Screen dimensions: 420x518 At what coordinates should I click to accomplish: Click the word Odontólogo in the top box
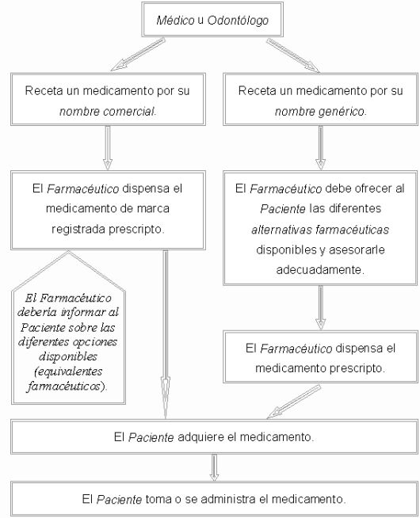[238, 21]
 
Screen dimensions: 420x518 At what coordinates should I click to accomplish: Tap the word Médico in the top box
[175, 20]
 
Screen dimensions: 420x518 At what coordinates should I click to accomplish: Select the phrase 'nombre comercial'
[108, 112]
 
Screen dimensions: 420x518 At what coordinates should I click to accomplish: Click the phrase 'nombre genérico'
[320, 112]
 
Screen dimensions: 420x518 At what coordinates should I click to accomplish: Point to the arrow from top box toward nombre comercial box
[138, 54]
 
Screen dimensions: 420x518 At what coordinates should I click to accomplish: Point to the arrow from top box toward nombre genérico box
[293, 55]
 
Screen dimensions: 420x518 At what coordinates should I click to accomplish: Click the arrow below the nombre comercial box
[108, 147]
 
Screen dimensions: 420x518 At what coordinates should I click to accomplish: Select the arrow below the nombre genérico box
[320, 147]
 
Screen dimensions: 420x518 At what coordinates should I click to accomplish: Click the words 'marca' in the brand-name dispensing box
[153, 209]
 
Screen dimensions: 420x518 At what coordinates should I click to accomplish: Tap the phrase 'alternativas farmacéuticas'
[320, 229]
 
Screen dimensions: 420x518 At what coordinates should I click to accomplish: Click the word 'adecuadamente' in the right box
[320, 270]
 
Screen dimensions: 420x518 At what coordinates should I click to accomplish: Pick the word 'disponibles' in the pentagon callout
[68, 356]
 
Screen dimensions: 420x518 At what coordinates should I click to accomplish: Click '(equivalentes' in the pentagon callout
[68, 371]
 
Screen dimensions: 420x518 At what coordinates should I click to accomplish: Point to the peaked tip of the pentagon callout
[68, 251]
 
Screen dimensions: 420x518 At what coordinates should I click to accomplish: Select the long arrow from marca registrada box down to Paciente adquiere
[166, 334]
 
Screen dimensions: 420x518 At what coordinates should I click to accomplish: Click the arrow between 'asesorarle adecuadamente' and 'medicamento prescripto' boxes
[320, 307]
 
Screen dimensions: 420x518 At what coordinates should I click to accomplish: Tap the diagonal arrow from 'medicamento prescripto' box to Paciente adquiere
[294, 402]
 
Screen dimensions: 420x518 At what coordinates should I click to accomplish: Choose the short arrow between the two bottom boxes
[214, 467]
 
